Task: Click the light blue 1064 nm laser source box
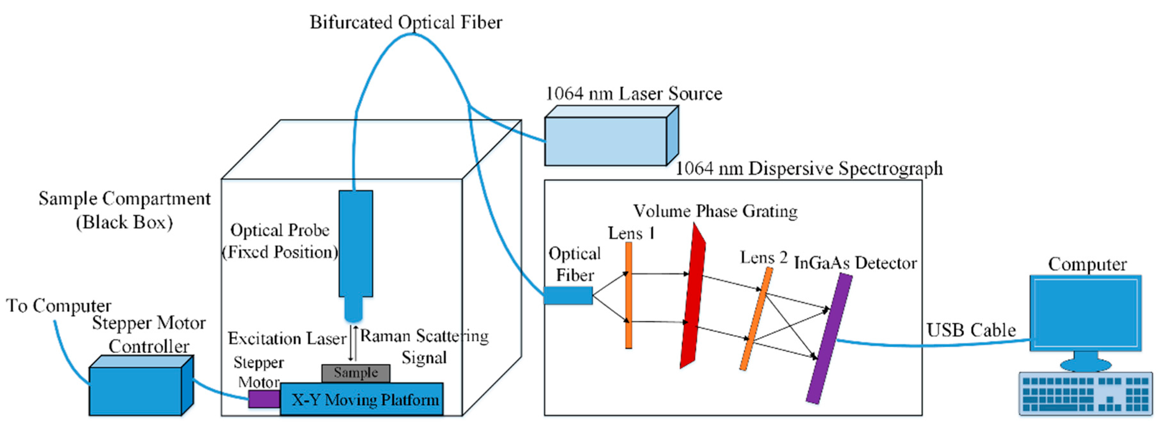[x=606, y=141]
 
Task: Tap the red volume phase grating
[x=693, y=297]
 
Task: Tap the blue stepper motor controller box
[x=135, y=390]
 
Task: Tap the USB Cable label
[x=971, y=330]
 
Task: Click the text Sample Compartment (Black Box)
[x=124, y=210]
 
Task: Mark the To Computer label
[x=59, y=306]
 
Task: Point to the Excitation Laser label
[x=287, y=338]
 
